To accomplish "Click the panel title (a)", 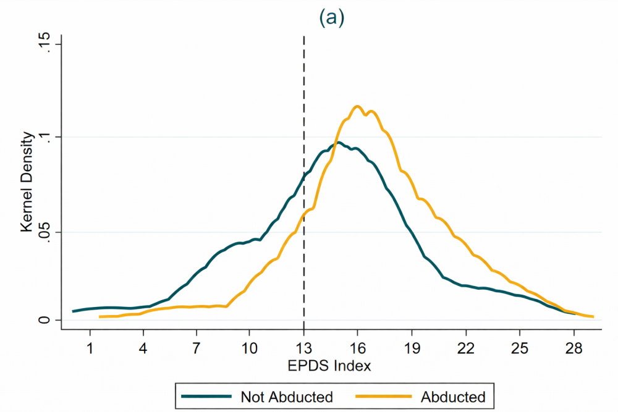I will point(331,19).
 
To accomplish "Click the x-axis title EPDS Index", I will point(329,366).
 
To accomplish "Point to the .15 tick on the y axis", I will point(46,44).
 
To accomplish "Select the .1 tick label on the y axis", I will point(46,137).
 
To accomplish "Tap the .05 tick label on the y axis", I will point(46,232).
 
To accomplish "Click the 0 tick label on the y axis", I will point(46,320).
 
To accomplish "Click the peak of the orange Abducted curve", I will point(357,106).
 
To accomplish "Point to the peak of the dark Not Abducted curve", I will point(338,143).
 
